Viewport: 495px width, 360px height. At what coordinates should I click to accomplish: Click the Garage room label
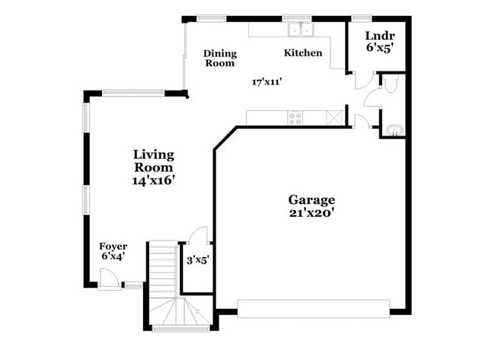click(311, 199)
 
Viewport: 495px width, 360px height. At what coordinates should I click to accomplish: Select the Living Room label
click(154, 161)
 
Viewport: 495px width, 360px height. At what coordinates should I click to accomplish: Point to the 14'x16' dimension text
click(154, 180)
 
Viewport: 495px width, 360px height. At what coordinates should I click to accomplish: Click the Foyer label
click(113, 247)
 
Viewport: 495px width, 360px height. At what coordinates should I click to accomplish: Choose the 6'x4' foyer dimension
click(113, 256)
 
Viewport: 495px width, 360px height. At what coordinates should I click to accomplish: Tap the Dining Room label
click(219, 59)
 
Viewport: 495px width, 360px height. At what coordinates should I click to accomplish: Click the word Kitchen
click(303, 53)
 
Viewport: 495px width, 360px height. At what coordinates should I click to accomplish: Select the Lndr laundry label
click(378, 35)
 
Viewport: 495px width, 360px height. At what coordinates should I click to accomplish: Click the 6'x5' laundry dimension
click(378, 47)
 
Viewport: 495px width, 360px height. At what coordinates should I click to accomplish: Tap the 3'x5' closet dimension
click(198, 260)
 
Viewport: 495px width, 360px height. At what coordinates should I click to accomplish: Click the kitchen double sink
click(302, 30)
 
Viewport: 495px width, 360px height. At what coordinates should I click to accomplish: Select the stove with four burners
click(295, 118)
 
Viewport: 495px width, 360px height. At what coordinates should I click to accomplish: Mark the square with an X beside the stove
click(333, 118)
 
